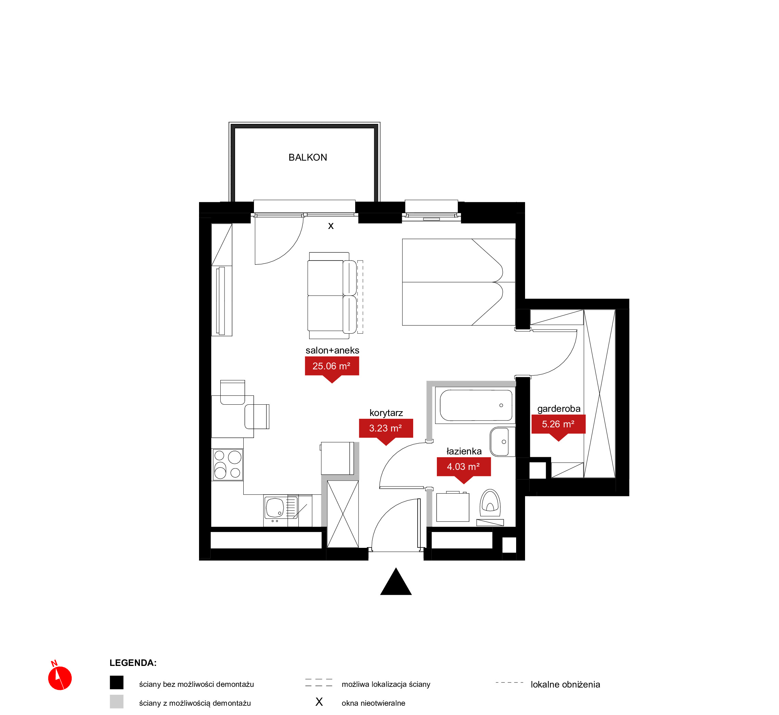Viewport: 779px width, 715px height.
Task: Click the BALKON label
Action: click(307, 158)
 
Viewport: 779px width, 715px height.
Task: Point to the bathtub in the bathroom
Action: click(475, 405)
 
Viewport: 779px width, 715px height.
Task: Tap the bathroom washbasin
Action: click(502, 442)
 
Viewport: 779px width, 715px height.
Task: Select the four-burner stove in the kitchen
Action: click(228, 465)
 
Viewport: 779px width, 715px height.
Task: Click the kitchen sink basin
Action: click(275, 507)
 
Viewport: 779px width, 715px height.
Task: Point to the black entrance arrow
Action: click(396, 581)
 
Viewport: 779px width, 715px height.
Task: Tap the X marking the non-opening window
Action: click(331, 226)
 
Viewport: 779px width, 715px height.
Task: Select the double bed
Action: click(459, 282)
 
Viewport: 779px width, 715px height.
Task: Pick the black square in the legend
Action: click(116, 682)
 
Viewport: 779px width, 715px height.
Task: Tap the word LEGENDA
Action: click(133, 663)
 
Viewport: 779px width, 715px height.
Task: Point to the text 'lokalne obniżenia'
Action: click(565, 684)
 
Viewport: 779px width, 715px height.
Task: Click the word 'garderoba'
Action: click(559, 408)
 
